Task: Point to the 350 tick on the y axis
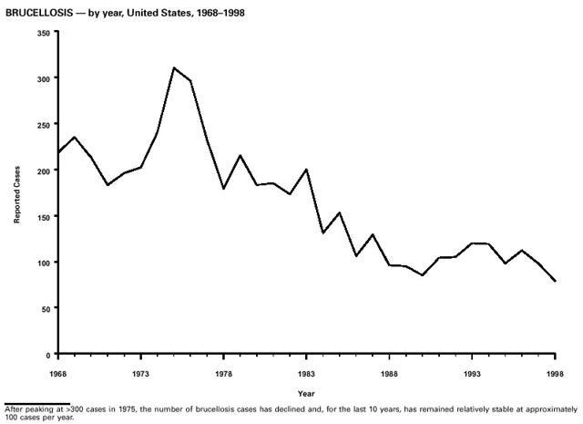point(43,33)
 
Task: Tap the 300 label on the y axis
point(43,78)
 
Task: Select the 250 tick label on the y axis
point(43,124)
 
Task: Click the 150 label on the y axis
point(43,216)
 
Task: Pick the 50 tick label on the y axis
point(46,308)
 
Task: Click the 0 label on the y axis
point(48,354)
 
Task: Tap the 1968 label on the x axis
point(56,373)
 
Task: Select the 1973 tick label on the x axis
point(140,373)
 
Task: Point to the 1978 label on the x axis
point(223,373)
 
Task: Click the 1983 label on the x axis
point(306,373)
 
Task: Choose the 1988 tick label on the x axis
point(389,373)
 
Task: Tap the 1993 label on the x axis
point(472,373)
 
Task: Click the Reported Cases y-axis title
point(16,193)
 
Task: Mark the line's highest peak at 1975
point(173,67)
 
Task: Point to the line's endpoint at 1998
point(555,281)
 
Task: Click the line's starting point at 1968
point(56,152)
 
